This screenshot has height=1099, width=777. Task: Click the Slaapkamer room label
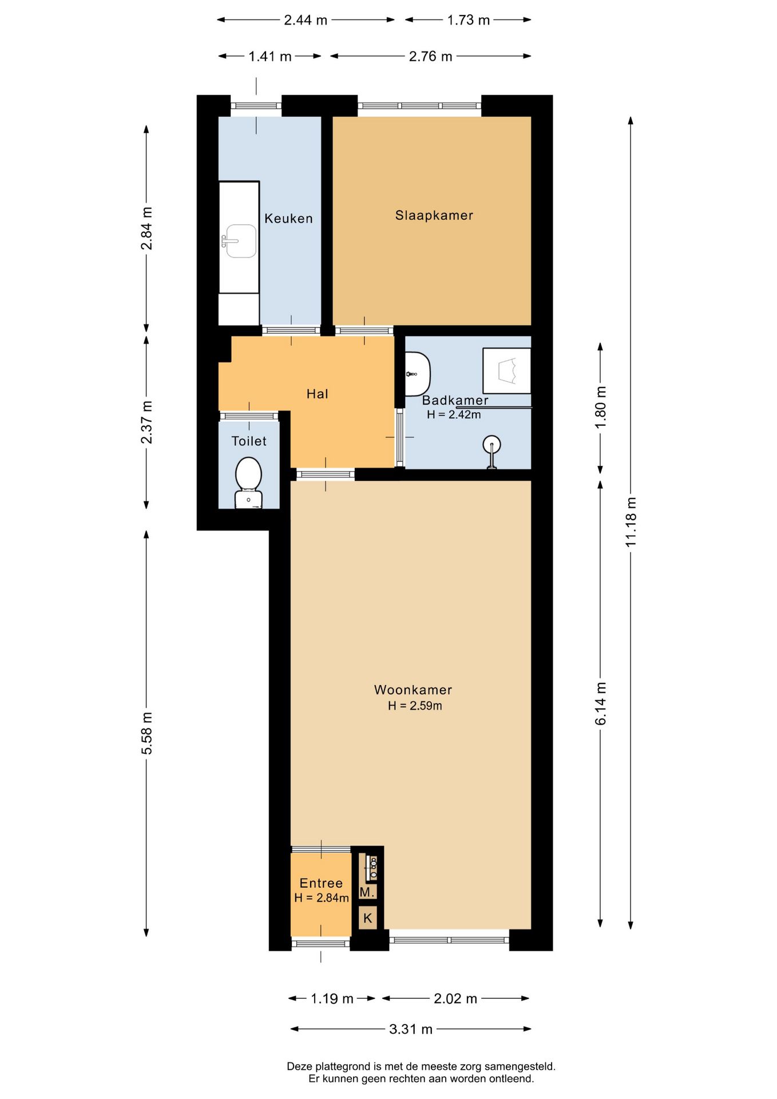tap(434, 216)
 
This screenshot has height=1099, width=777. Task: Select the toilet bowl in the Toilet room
tap(248, 480)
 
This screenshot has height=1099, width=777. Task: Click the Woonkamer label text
tap(413, 690)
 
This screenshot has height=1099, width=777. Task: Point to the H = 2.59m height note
tap(415, 706)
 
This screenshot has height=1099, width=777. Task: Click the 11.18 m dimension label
tap(631, 521)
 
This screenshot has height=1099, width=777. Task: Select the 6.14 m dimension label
tap(600, 703)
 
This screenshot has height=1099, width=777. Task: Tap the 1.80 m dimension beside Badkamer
tap(600, 407)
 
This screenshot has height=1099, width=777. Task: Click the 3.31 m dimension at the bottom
tap(410, 1029)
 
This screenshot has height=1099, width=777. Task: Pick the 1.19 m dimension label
tap(332, 999)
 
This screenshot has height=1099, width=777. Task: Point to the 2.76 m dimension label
tap(430, 56)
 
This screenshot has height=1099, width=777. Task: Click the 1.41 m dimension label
tap(269, 56)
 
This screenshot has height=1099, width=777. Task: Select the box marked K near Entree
tap(367, 918)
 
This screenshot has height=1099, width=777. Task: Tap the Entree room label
tap(321, 883)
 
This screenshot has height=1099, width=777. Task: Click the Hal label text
tap(317, 394)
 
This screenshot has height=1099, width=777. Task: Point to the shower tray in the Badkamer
tap(506, 370)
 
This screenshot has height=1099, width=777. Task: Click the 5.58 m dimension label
tap(146, 733)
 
